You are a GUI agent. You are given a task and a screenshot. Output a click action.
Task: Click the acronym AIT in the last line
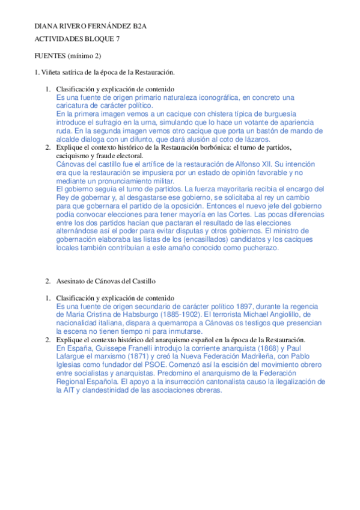[63, 390]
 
